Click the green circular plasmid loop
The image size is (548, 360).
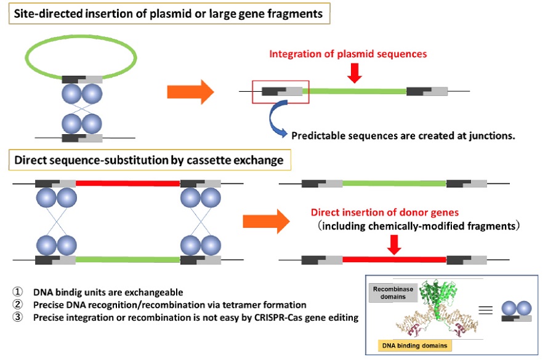[x=81, y=36]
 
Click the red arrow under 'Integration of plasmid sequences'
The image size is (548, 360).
[x=355, y=73]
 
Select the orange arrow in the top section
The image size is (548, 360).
[x=190, y=92]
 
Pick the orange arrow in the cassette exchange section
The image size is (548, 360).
[x=266, y=222]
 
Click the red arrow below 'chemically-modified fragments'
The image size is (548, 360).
[x=394, y=245]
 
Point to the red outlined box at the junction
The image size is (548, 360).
[x=281, y=81]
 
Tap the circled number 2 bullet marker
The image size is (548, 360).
[x=17, y=305]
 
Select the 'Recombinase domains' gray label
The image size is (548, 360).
[x=393, y=292]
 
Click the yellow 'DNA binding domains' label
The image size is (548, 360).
[x=414, y=346]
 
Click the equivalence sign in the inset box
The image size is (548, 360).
[x=485, y=310]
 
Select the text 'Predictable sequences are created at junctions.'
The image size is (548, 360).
[x=403, y=135]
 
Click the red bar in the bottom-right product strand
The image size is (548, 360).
[x=394, y=260]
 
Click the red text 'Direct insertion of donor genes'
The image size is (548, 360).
[x=385, y=212]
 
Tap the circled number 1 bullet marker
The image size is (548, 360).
[x=17, y=292]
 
